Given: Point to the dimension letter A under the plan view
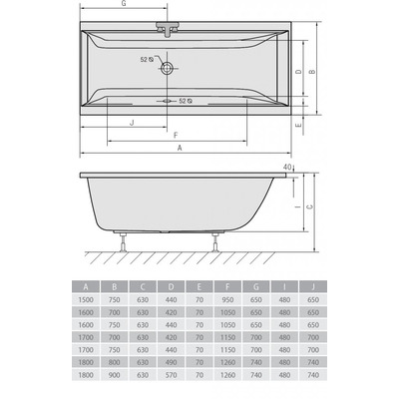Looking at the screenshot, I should click(180, 148).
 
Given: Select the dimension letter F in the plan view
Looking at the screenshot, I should click(176, 135).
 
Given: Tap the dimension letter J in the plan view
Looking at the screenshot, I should click(134, 122).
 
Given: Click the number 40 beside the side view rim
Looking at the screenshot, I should click(287, 167).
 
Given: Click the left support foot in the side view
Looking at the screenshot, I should click(123, 240).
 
